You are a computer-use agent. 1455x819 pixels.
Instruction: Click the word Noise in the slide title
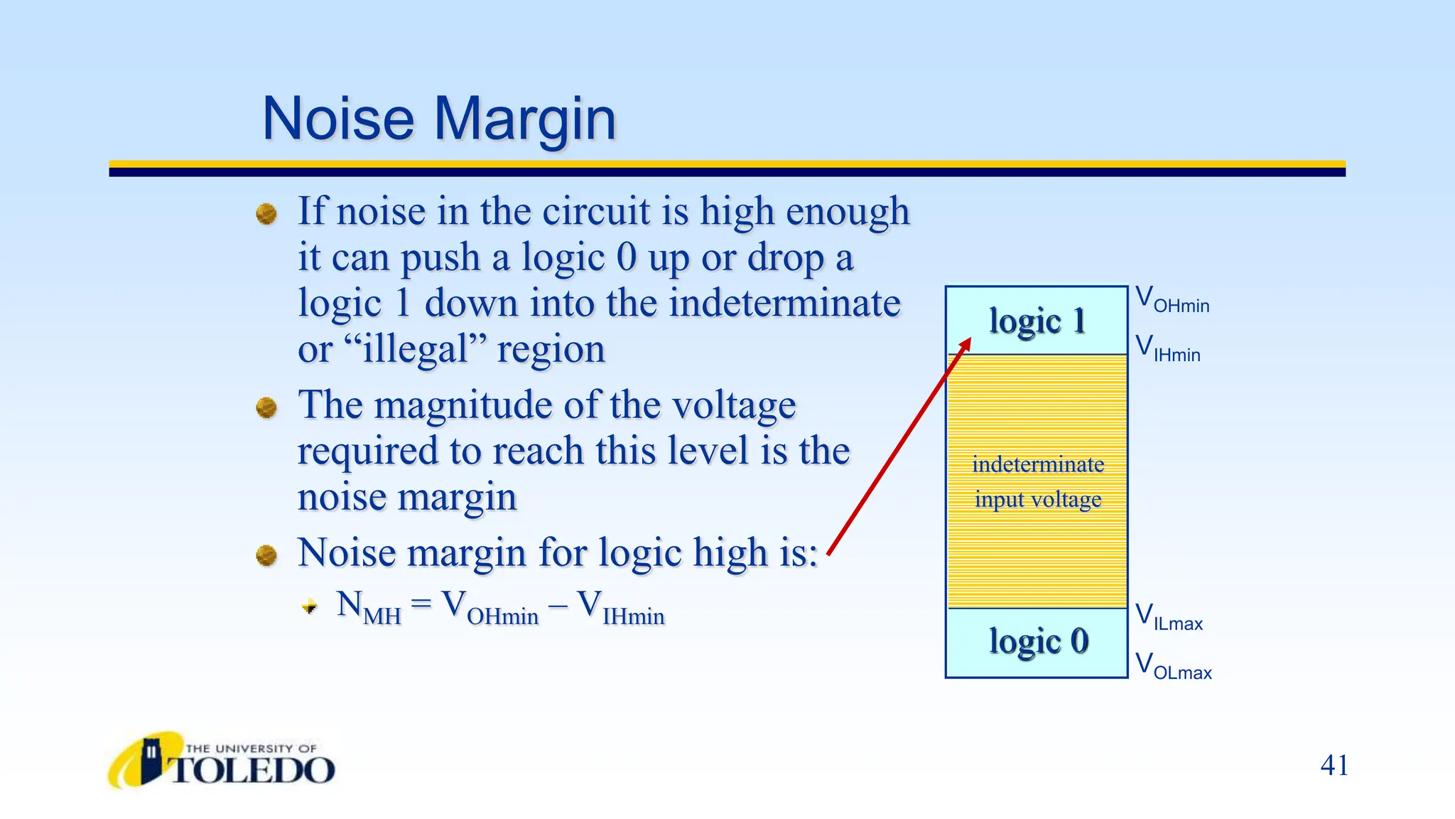coord(338,118)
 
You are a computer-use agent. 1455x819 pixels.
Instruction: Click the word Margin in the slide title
coord(525,119)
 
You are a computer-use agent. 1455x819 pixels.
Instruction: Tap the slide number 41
coord(1334,766)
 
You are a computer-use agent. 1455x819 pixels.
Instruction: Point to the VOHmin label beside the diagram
coord(1172,299)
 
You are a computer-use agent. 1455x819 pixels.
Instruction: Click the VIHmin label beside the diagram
coord(1167,348)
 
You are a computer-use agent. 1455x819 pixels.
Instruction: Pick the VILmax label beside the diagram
coord(1169,617)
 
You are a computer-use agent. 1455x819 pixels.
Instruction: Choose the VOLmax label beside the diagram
coord(1173,666)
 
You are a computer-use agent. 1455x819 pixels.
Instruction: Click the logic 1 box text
coord(1037,321)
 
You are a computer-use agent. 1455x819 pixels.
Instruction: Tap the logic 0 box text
coord(1038,641)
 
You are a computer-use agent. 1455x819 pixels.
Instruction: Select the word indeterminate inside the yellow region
coord(1038,465)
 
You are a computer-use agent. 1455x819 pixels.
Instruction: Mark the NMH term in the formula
coord(369,608)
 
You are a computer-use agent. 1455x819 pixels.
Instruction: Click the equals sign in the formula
coord(421,604)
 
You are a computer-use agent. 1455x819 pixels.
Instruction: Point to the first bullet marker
coord(266,213)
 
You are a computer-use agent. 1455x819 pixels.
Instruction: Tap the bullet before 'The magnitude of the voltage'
coord(266,407)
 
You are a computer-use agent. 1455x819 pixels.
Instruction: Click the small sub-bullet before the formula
coord(310,606)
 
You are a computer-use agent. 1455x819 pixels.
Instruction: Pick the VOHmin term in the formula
coord(490,608)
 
